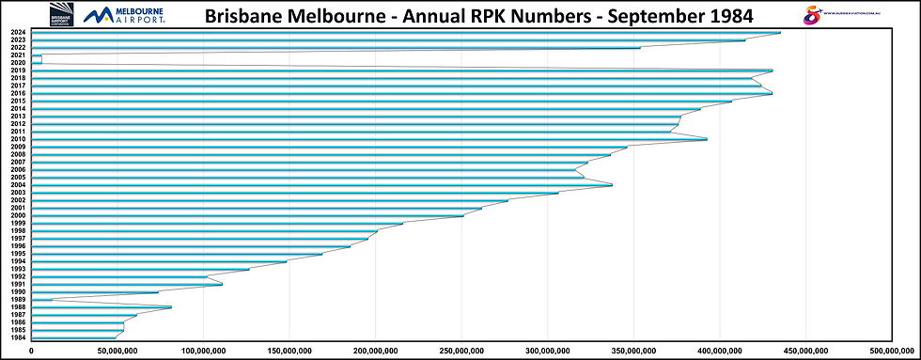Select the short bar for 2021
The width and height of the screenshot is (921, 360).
pos(37,58)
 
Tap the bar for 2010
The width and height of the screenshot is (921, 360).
pos(367,139)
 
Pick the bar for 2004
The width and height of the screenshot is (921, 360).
pos(320,185)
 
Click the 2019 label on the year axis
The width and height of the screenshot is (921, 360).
pos(18,70)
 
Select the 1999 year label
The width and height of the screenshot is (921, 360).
pos(18,223)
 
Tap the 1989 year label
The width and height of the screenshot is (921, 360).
pos(18,300)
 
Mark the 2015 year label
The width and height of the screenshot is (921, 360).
pos(18,101)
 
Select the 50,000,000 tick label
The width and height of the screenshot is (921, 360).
pos(117,351)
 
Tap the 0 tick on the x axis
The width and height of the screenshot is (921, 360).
pos(32,351)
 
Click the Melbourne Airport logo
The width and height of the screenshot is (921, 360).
pos(124,14)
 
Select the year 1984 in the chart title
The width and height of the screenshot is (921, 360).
pos(726,16)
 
